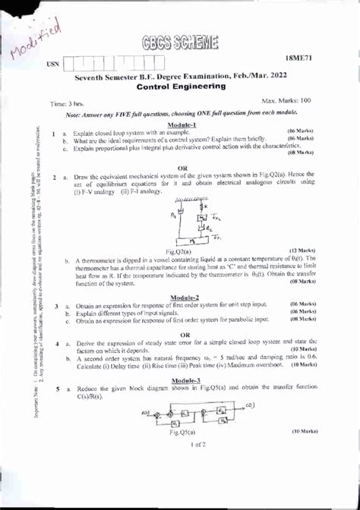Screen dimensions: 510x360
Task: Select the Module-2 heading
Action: coord(185,297)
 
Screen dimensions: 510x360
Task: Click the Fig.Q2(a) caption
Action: coord(178,250)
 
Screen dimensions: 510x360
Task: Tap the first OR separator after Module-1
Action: coord(182,168)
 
